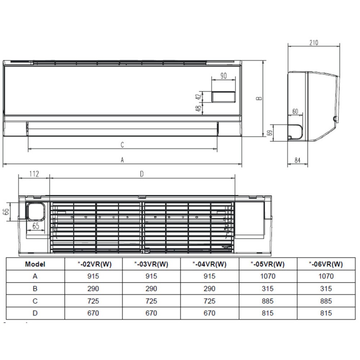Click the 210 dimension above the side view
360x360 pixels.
(x=314, y=42)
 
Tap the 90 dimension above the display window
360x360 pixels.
(x=224, y=76)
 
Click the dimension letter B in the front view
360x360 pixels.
(x=259, y=98)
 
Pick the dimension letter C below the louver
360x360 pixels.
(x=122, y=145)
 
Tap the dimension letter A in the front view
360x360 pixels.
(x=122, y=160)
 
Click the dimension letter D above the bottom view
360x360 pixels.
(x=141, y=174)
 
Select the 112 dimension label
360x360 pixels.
(x=34, y=174)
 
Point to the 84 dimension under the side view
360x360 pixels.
(x=297, y=160)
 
